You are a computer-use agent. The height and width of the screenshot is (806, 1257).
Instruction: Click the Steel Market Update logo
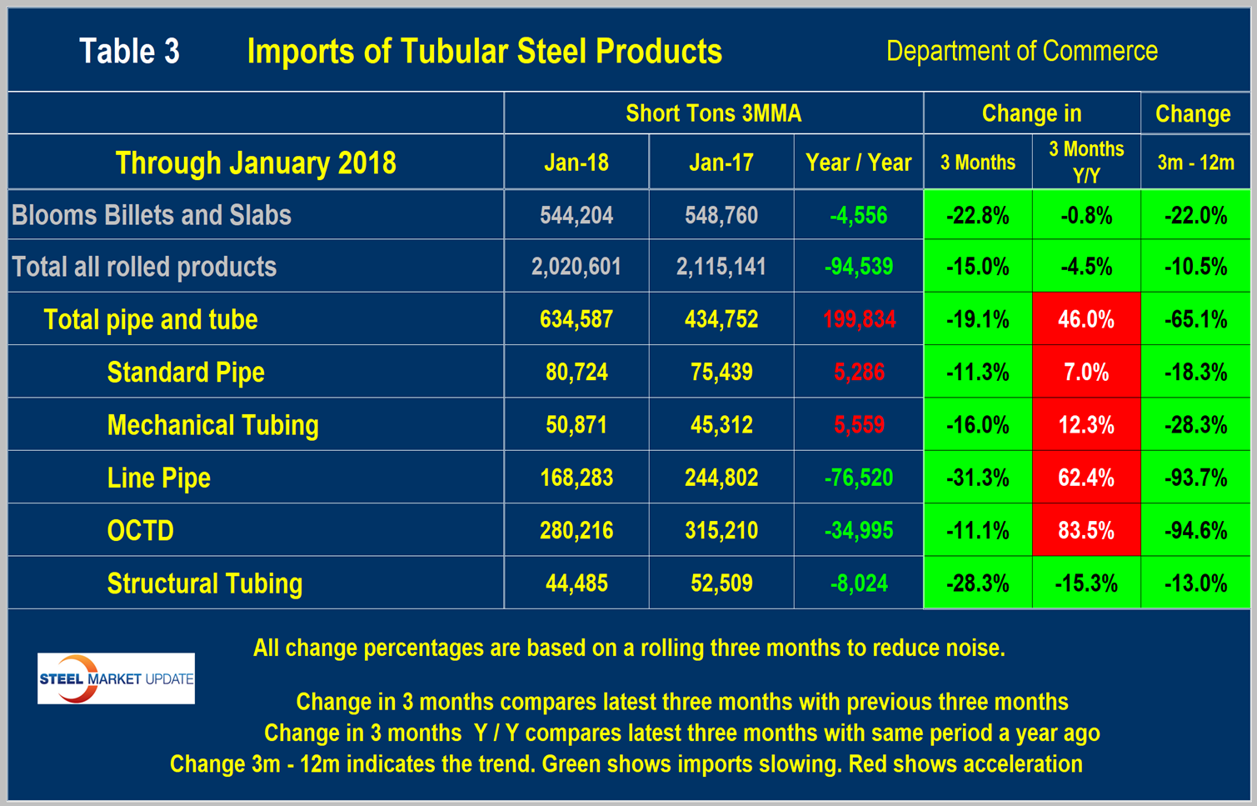tap(116, 678)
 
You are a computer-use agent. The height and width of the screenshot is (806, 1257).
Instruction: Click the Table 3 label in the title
tap(129, 52)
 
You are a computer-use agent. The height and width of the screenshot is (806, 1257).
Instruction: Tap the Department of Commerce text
tap(1021, 52)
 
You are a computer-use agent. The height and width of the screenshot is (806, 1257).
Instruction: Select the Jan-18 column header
tap(576, 163)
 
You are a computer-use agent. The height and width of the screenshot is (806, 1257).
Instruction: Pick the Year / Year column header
tap(858, 163)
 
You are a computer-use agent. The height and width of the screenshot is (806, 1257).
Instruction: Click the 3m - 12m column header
tap(1195, 163)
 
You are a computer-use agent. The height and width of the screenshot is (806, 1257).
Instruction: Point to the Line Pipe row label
tap(158, 478)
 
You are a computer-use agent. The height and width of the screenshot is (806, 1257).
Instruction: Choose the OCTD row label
tap(140, 531)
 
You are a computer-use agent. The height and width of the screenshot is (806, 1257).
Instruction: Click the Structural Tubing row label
tap(204, 583)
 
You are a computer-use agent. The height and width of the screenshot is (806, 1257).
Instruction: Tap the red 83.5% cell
tap(1085, 531)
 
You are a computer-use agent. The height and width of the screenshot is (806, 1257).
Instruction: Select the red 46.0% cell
tap(1085, 319)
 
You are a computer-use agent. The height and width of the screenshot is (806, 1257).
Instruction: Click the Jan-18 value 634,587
tap(576, 319)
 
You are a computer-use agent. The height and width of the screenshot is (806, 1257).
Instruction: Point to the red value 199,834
tap(859, 319)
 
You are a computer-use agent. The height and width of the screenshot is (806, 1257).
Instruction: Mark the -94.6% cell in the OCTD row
tap(1195, 531)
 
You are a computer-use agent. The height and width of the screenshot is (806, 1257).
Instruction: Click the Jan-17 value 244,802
tap(721, 478)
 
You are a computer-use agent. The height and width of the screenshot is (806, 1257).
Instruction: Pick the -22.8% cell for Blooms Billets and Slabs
tap(977, 216)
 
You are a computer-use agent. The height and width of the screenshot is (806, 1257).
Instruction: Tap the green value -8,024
tap(859, 583)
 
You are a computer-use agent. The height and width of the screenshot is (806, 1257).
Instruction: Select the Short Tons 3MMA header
tap(713, 113)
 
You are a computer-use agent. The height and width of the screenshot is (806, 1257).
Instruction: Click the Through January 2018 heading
tap(256, 163)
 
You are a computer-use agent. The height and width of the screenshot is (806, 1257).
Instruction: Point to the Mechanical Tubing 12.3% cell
tap(1085, 425)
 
